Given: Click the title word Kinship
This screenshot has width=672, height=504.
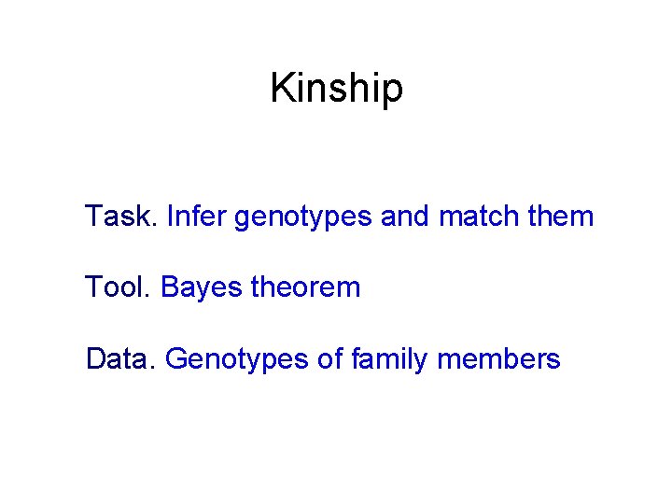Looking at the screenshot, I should pyautogui.click(x=336, y=89).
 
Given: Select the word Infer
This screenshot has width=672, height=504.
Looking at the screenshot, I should pyautogui.click(x=196, y=217).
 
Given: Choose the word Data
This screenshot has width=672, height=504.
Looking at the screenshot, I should pyautogui.click(x=119, y=358).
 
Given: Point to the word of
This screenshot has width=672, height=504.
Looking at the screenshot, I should pyautogui.click(x=331, y=358).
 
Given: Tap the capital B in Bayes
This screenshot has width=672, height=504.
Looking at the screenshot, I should pyautogui.click(x=170, y=287).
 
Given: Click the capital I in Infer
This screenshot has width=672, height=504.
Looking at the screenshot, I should pyautogui.click(x=169, y=217).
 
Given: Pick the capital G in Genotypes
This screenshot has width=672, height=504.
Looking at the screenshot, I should pyautogui.click(x=175, y=358).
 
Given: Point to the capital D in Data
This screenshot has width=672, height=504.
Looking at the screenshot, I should pyautogui.click(x=95, y=358).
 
